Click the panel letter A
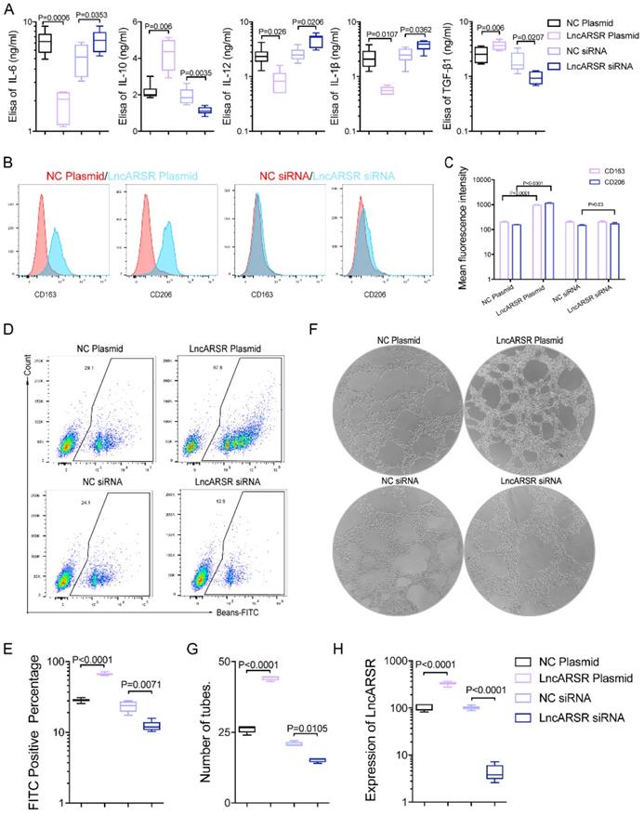pyautogui.click(x=8, y=8)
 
